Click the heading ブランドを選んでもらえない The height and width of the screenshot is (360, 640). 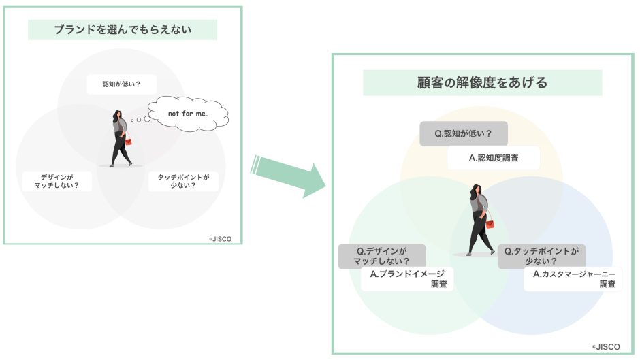point(123,29)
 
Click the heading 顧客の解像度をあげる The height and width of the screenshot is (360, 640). point(482,83)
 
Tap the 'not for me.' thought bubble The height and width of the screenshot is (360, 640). point(189,113)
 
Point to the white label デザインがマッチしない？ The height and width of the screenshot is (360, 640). point(56,181)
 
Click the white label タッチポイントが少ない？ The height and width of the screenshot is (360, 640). point(183,181)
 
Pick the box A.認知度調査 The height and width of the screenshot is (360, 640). point(494,158)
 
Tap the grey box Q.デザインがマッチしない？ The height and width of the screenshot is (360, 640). point(382,256)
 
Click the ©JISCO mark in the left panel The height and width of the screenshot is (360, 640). point(222,238)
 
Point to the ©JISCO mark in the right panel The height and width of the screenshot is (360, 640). point(606,346)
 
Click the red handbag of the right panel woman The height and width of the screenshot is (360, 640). point(490,223)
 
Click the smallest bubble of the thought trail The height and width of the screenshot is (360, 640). point(131,123)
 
